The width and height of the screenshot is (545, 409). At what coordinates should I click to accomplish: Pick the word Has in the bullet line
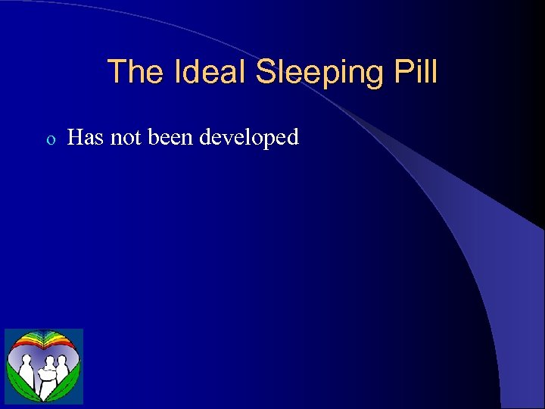[x=85, y=137]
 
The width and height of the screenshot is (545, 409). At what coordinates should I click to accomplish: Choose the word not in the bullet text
[x=123, y=137]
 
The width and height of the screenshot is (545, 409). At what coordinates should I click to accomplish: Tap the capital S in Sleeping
[x=266, y=73]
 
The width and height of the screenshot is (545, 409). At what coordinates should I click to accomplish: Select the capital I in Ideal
[x=178, y=73]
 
